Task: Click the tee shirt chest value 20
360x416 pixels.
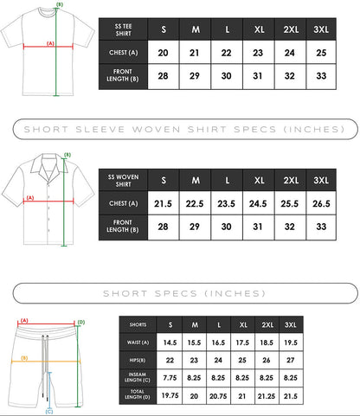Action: [163, 53]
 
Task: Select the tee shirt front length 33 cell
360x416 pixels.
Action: [321, 76]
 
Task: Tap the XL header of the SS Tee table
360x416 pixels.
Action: [259, 29]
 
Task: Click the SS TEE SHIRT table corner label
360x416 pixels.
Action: [123, 29]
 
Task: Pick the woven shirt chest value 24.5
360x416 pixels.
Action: [258, 204]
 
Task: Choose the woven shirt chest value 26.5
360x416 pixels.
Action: [321, 204]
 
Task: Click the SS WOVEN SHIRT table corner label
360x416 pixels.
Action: [123, 181]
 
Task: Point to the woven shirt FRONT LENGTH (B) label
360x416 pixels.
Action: [123, 226]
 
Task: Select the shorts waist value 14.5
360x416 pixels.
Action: [170, 342]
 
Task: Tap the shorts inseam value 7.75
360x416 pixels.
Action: [170, 378]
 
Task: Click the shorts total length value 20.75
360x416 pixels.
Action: [218, 396]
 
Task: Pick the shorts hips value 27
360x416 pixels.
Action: [290, 360]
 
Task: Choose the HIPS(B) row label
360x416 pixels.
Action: [138, 361]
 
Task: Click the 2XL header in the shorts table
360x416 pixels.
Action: [267, 325]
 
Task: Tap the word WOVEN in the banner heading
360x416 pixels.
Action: [157, 130]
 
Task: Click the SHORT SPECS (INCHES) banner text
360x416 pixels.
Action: [184, 293]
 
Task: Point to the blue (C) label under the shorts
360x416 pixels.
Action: [49, 412]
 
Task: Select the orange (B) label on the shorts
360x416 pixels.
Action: [24, 358]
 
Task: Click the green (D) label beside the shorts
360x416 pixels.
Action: [81, 322]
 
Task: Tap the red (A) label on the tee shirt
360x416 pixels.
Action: [50, 43]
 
